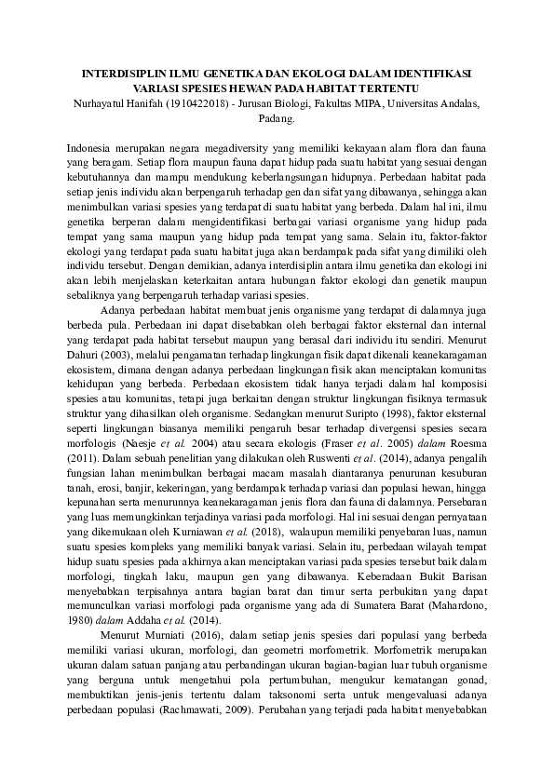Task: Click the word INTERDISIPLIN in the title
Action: tap(116, 72)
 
